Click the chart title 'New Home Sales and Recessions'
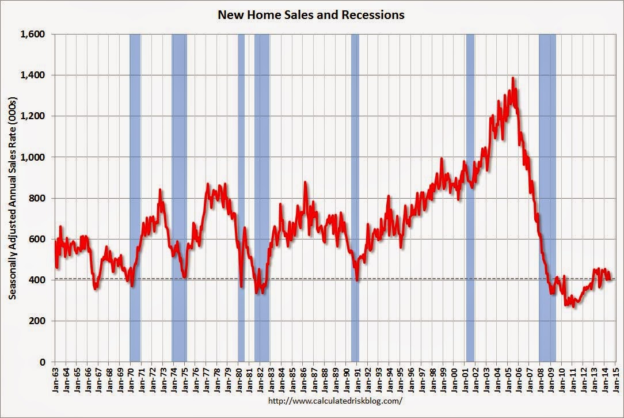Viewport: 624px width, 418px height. coord(311,15)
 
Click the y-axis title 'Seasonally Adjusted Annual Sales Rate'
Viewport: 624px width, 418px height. coord(12,197)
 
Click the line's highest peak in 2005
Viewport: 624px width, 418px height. coord(512,78)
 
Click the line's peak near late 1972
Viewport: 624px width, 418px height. coord(160,189)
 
